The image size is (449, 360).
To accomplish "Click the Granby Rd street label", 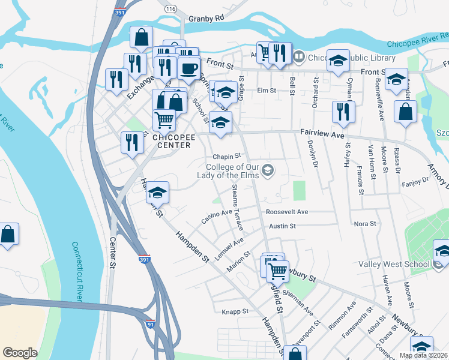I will [206, 18].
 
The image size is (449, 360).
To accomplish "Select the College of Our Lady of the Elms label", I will [231, 171].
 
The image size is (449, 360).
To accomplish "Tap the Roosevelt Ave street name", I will [287, 212].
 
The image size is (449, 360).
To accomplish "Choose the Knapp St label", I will [235, 311].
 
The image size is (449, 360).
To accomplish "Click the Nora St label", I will [365, 223].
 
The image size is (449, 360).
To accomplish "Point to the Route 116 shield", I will [171, 10].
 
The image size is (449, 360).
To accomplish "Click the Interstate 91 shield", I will [150, 324].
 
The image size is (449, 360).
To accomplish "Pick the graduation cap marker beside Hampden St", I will [158, 192].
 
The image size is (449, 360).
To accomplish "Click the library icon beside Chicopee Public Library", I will [300, 58].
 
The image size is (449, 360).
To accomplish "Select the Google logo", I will [20, 352].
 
